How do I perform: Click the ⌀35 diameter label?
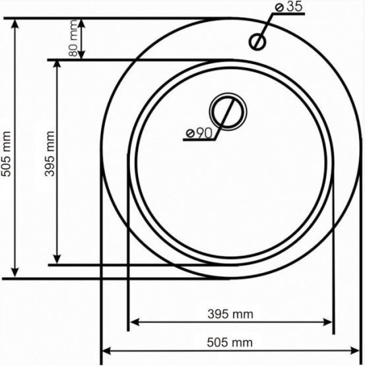point(289,7)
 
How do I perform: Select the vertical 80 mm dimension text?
point(73,38)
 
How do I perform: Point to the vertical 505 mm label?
point(6,154)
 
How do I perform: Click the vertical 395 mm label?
point(50,154)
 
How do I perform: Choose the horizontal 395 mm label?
point(230,314)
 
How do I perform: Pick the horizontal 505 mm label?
point(230,343)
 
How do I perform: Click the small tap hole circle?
point(257,42)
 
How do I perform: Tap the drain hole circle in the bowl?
point(228,111)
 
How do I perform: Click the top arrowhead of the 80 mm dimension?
point(81,22)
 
